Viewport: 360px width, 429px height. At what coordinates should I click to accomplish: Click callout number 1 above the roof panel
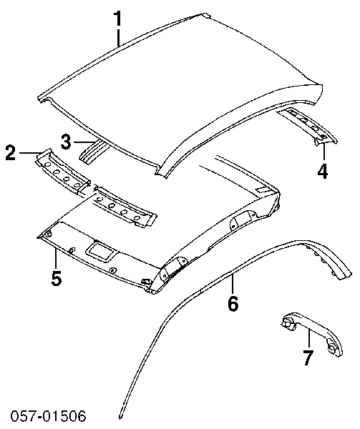tap(117, 19)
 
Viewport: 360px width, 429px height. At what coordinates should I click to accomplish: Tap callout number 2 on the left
tap(11, 153)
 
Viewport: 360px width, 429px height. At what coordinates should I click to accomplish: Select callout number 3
tap(66, 142)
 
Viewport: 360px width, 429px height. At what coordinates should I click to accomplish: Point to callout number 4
tap(323, 171)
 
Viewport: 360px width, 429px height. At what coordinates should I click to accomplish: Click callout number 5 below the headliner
tap(56, 278)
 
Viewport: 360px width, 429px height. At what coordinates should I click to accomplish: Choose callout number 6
tap(233, 303)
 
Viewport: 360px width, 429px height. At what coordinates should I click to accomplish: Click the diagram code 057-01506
tap(48, 416)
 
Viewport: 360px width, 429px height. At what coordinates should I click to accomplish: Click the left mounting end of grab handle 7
tap(287, 323)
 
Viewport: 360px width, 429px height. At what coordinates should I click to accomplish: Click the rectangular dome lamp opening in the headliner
tap(99, 250)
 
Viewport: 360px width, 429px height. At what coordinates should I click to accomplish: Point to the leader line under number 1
tap(118, 37)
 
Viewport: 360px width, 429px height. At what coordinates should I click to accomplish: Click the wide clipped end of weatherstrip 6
tap(344, 273)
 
